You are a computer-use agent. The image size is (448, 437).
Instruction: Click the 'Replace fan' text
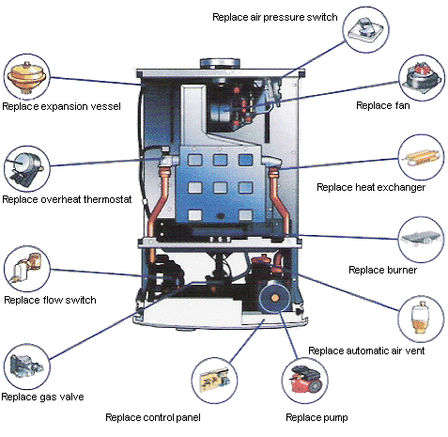tap(378, 104)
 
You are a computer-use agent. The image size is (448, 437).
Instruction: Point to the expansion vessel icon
tap(26, 75)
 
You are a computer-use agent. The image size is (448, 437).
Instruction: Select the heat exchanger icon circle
tap(422, 157)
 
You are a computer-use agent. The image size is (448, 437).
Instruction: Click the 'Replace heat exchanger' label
tap(371, 187)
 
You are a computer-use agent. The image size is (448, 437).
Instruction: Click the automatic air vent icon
tap(422, 320)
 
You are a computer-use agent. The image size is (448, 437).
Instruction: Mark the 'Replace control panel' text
tap(153, 416)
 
